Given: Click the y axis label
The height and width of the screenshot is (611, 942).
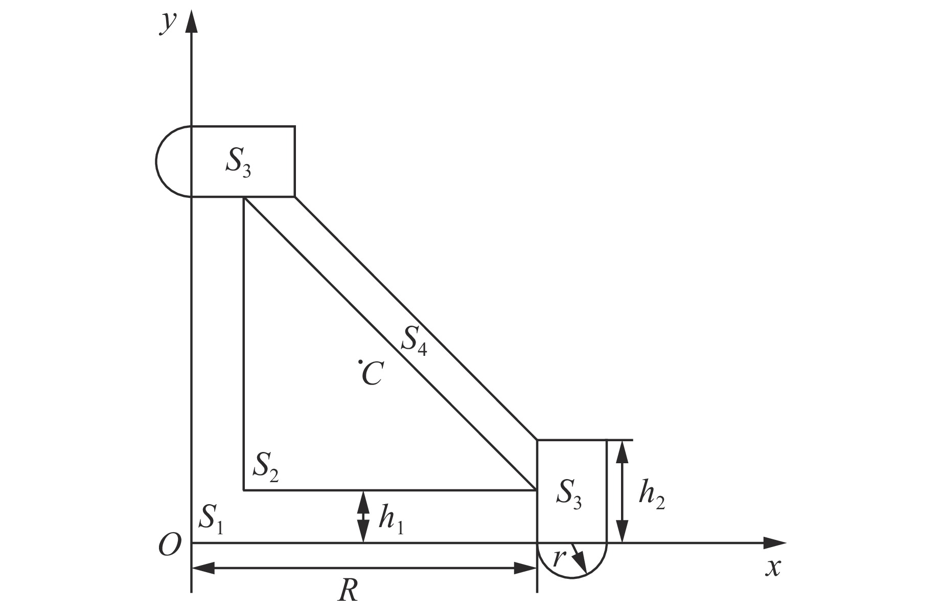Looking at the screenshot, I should (168, 23).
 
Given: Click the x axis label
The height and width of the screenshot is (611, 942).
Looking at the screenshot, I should (773, 567).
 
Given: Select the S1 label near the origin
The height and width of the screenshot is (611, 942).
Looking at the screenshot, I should (211, 518).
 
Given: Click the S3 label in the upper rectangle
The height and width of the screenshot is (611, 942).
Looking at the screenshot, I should (238, 163).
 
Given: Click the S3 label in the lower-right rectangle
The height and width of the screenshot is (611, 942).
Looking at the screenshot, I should (569, 495).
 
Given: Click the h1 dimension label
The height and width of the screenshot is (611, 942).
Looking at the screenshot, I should (391, 521).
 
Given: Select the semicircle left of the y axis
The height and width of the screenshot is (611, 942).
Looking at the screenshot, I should (173, 161).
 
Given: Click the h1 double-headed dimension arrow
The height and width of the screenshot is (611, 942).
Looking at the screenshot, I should (363, 516).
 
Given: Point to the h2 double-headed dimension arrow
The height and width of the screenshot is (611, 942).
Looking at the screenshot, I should (622, 491).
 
